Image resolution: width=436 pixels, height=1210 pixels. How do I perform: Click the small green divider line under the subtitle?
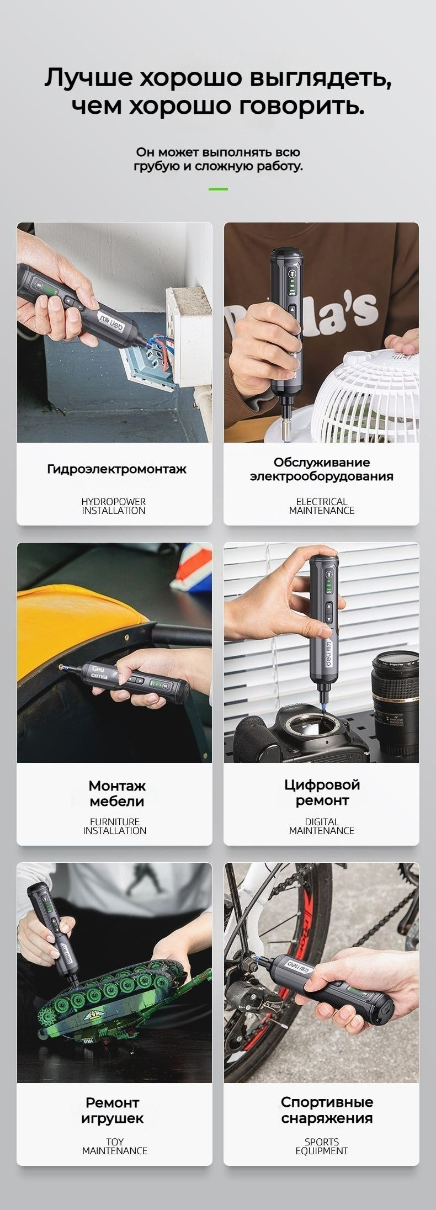(x=218, y=189)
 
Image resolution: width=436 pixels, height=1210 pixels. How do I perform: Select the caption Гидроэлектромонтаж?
(x=116, y=469)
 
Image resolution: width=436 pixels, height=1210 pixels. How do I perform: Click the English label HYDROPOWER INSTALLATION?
(x=114, y=506)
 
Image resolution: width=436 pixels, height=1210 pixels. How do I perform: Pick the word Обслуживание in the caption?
(x=322, y=462)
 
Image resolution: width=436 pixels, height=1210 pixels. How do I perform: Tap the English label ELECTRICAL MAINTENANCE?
(x=322, y=506)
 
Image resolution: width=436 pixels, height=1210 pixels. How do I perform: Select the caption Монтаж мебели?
(x=116, y=793)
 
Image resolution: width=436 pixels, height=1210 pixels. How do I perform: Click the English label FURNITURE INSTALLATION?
(x=115, y=826)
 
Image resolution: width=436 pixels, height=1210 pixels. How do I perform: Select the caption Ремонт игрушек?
(x=113, y=1110)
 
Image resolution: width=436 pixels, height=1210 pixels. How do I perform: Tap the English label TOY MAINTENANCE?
(x=115, y=1146)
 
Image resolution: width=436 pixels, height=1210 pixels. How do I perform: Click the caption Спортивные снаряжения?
(x=327, y=1110)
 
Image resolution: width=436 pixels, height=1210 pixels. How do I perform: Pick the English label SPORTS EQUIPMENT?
(x=322, y=1146)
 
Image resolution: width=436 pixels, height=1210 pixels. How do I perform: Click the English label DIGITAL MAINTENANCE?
(x=322, y=826)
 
